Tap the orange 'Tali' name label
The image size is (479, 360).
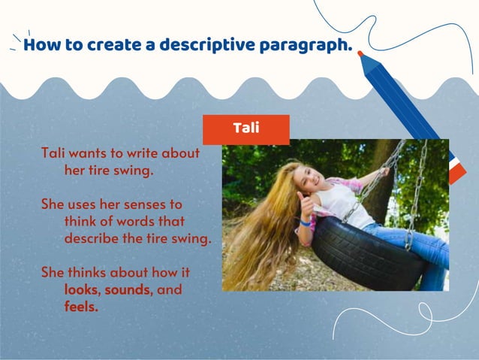[246, 129]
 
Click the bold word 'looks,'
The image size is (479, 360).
[83, 289]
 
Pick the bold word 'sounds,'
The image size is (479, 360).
[128, 289]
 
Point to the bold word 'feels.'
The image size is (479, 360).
[81, 307]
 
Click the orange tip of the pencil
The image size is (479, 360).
[360, 54]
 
